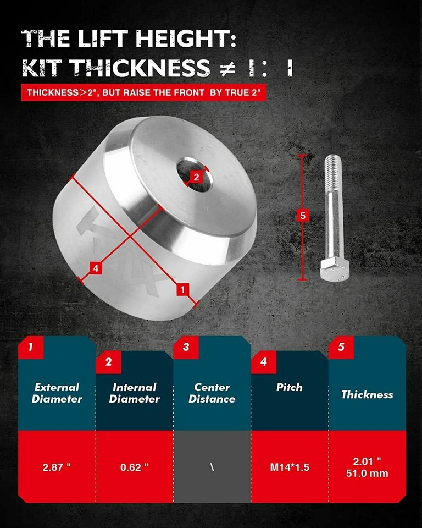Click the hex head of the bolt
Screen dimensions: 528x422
(335, 269)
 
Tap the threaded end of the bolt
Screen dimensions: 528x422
(332, 170)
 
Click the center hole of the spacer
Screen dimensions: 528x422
(194, 174)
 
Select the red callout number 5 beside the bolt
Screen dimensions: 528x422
(301, 215)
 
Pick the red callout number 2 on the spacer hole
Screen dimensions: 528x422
(196, 177)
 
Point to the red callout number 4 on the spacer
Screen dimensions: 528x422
(96, 268)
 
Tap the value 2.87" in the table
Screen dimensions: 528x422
(57, 467)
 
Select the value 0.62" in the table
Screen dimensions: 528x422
(134, 467)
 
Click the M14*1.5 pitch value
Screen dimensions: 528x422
(290, 467)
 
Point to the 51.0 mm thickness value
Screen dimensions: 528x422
(367, 473)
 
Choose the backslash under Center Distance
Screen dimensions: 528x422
(212, 467)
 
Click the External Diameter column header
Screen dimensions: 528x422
(57, 393)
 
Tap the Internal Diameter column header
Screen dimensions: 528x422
(134, 393)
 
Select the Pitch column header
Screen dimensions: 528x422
(290, 387)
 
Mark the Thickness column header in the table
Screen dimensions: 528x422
(367, 394)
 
